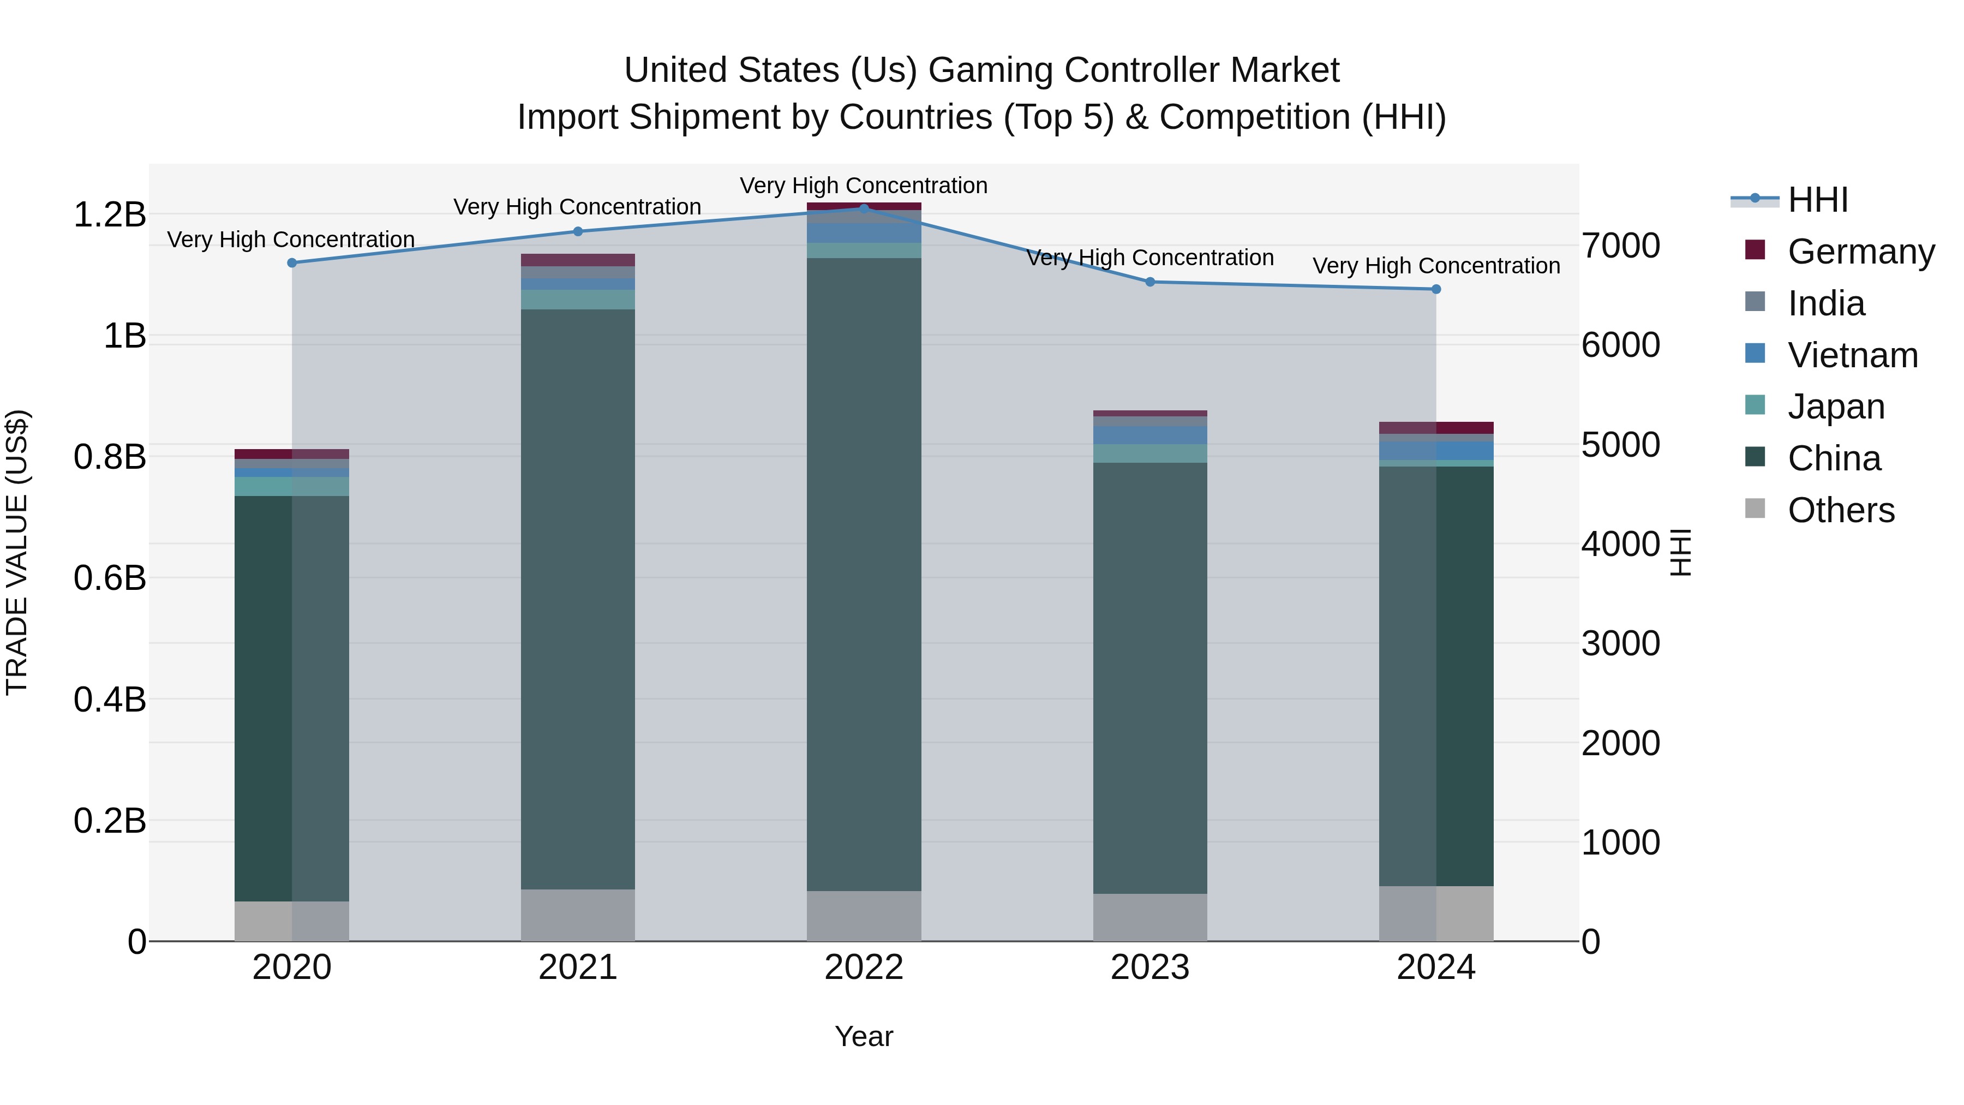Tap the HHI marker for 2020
(x=292, y=262)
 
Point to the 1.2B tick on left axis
(x=109, y=214)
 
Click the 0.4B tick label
(x=109, y=700)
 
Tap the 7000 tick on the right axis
(x=1620, y=246)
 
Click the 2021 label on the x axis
(x=577, y=967)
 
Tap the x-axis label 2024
(x=1436, y=967)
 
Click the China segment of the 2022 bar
(x=864, y=572)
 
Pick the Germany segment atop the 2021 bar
(x=577, y=260)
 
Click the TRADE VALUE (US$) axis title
(x=17, y=552)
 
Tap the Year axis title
(x=864, y=1036)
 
